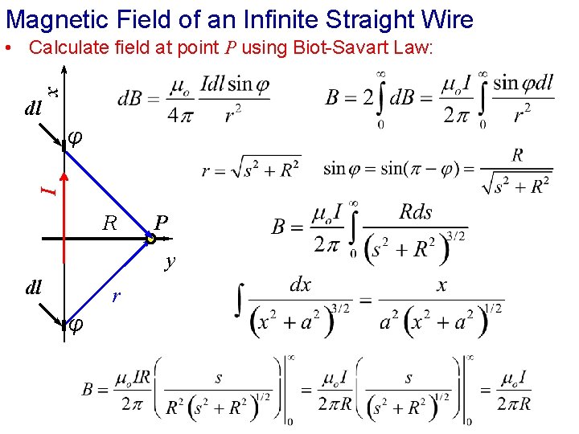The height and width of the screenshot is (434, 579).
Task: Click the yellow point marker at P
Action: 150,239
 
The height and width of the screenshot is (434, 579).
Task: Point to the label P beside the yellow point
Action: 162,224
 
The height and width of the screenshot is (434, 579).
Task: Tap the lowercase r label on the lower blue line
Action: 116,297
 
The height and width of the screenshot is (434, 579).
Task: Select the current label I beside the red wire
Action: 50,190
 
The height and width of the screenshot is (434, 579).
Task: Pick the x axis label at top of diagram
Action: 51,92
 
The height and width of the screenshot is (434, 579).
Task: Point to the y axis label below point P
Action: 169,260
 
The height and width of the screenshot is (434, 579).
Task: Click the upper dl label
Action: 33,107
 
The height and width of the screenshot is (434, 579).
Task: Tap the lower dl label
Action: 33,287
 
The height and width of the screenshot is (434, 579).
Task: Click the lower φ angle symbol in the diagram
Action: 74,324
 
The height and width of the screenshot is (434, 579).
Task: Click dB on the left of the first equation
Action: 131,99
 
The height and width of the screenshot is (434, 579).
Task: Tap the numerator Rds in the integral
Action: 416,212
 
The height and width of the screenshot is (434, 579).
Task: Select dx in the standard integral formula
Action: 300,285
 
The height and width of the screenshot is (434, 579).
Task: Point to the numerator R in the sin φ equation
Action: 517,154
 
